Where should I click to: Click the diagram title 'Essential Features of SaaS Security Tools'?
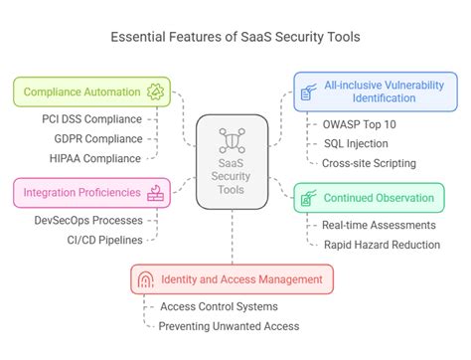[x=235, y=38]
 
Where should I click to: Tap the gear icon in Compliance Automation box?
[x=154, y=92]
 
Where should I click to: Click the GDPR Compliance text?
[x=95, y=139]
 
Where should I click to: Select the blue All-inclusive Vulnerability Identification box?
[x=377, y=92]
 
